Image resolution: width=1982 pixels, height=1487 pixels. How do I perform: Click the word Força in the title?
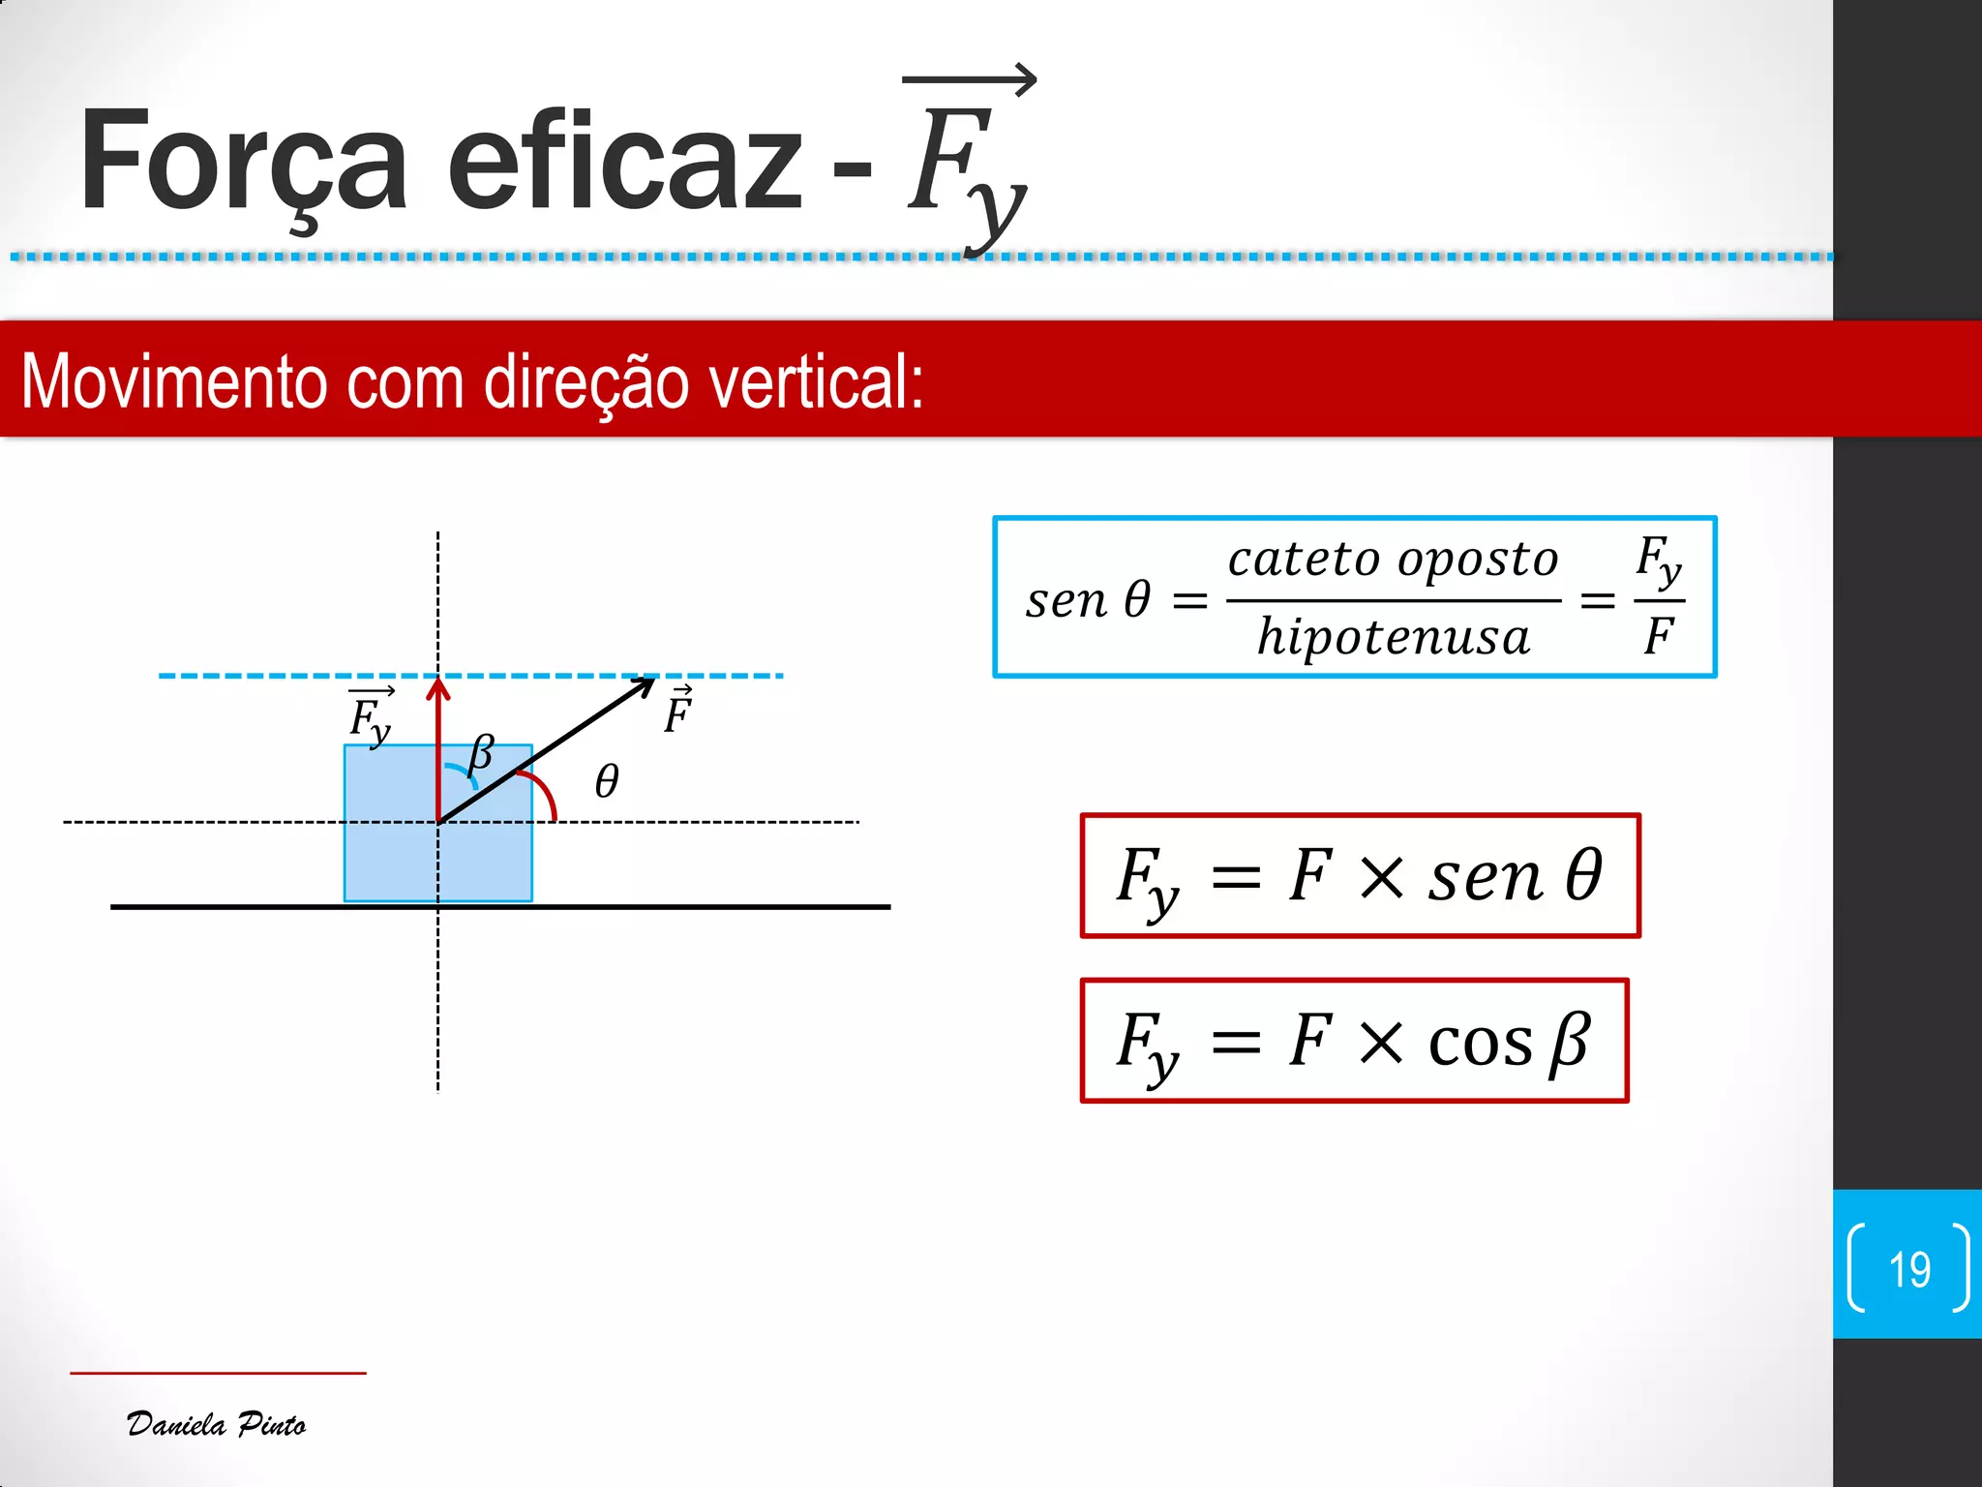(x=243, y=163)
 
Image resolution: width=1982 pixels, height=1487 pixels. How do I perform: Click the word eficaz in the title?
(x=624, y=163)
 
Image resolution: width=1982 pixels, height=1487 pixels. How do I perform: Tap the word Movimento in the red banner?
(x=174, y=382)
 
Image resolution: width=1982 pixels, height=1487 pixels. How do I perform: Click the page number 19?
(x=1908, y=1269)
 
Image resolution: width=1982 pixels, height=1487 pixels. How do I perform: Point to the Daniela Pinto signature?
(x=216, y=1424)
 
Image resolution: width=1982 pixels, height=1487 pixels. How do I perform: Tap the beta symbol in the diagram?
(x=481, y=753)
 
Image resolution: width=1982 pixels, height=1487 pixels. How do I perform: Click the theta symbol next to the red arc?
(x=607, y=781)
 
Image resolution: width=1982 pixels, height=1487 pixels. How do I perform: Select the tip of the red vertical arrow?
(x=438, y=682)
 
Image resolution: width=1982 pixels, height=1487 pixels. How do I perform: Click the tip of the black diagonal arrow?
(x=652, y=681)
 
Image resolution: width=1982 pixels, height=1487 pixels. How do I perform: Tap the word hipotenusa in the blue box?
(x=1394, y=638)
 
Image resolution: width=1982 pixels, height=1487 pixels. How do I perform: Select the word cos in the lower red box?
(x=1480, y=1044)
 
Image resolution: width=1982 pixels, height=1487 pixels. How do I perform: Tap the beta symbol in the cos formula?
(x=1570, y=1044)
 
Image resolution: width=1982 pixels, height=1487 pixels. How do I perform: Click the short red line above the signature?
(x=218, y=1373)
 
